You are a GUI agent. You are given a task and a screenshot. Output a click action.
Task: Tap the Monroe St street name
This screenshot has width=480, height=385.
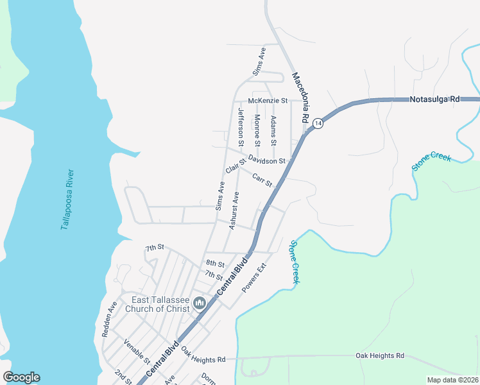pyautogui.click(x=257, y=130)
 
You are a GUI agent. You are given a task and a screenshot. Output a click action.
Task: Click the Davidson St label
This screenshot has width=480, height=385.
pyautogui.click(x=266, y=160)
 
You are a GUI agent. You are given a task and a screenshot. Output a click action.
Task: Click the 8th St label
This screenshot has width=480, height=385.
pyautogui.click(x=215, y=264)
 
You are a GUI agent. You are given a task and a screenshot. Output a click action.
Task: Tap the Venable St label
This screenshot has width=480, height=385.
pyautogui.click(x=137, y=352)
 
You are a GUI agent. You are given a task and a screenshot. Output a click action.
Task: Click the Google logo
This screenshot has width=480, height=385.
pyautogui.click(x=21, y=377)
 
